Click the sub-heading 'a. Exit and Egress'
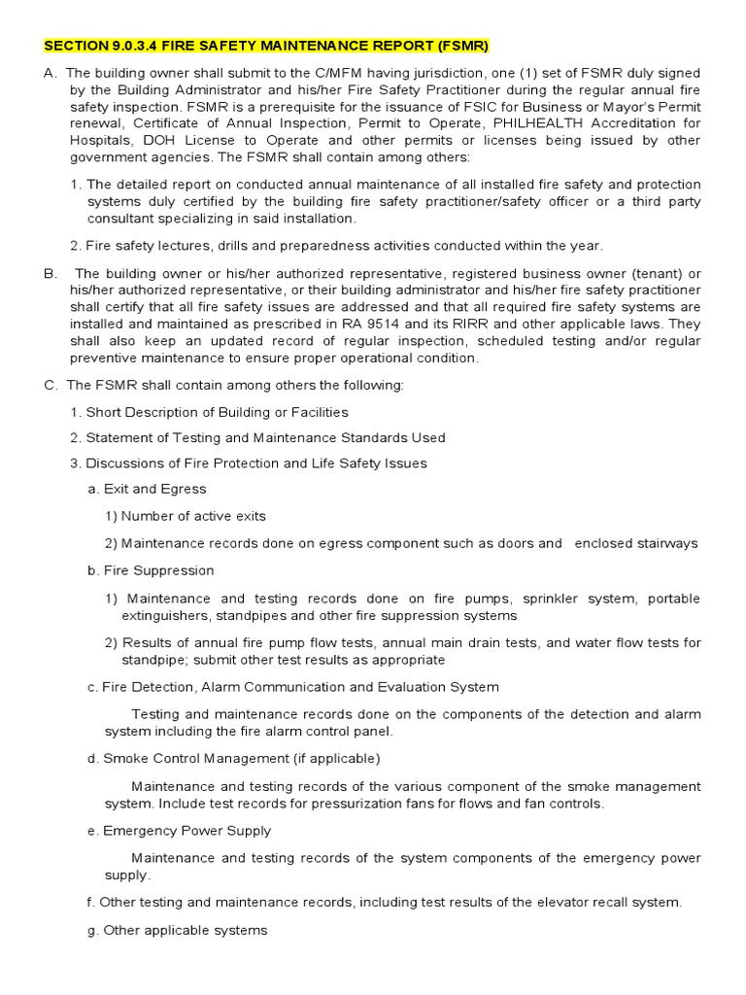click(147, 489)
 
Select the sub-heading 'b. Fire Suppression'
click(151, 570)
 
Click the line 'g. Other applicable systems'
click(177, 930)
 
